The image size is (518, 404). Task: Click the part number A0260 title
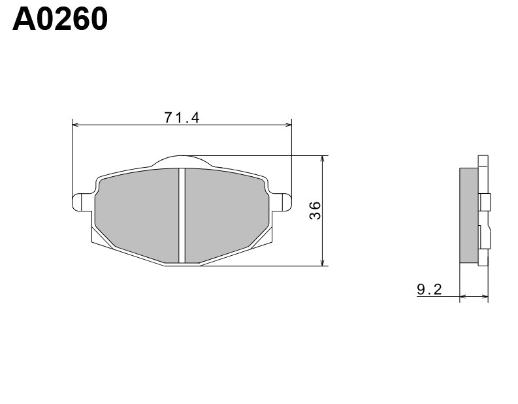point(60,20)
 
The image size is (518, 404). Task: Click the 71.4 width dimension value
point(182,117)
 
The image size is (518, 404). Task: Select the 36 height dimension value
point(315,211)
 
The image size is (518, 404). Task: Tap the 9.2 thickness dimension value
point(429,288)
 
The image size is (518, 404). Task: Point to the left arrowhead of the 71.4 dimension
point(74,124)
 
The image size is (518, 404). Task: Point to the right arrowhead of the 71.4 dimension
point(288,124)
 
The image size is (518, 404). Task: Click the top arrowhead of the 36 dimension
point(323,159)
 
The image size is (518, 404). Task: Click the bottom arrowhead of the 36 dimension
point(323,262)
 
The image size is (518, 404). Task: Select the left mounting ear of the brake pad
point(80,202)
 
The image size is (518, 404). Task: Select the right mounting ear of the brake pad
point(282,202)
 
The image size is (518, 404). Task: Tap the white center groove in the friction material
point(182,215)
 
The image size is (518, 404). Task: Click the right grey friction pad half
point(225,212)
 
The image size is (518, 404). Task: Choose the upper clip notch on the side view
point(484,202)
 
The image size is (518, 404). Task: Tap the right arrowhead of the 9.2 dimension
point(485,297)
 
